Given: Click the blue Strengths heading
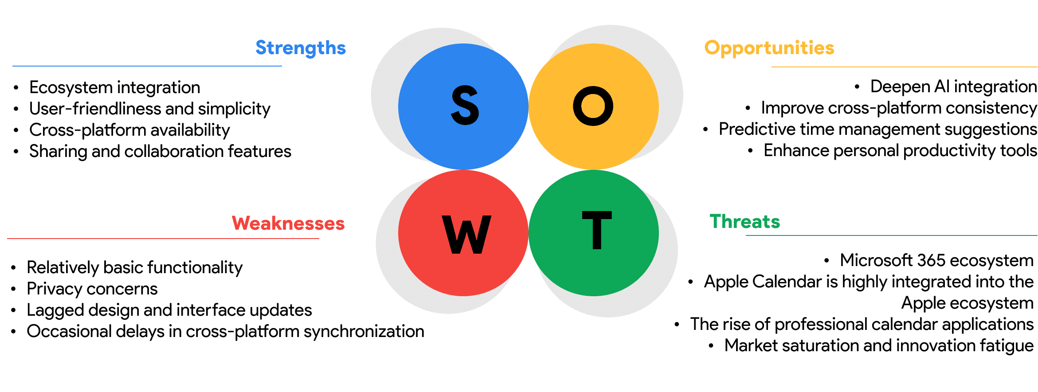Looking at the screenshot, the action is [x=301, y=48].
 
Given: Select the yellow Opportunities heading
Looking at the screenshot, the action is [x=769, y=48].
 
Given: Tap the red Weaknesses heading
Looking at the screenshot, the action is [x=288, y=223].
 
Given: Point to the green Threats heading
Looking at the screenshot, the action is [x=745, y=221].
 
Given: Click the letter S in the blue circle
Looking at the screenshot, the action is [x=465, y=106].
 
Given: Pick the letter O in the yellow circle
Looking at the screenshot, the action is [x=593, y=106].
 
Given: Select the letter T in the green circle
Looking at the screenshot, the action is [x=597, y=230].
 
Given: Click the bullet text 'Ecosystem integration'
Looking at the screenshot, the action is [x=114, y=87].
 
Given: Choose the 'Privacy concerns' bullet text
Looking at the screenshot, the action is [x=92, y=289].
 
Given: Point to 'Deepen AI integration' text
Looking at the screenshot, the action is [x=953, y=86].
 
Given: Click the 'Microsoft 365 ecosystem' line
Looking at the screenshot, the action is [x=936, y=260].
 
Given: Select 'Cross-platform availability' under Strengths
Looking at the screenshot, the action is [x=129, y=130].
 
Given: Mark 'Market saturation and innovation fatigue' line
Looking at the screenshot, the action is [x=878, y=345].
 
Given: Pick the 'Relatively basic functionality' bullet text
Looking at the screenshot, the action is [x=134, y=267].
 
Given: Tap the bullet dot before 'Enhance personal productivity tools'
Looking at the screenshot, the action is [x=750, y=151].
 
